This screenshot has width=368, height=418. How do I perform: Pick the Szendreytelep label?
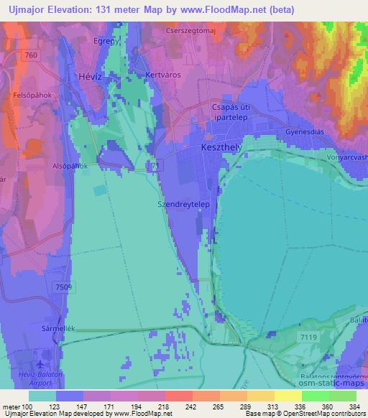[183, 203]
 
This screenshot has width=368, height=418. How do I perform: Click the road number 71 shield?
[155, 166]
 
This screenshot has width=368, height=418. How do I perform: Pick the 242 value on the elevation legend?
[190, 407]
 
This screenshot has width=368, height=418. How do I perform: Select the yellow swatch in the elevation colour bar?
[288, 396]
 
